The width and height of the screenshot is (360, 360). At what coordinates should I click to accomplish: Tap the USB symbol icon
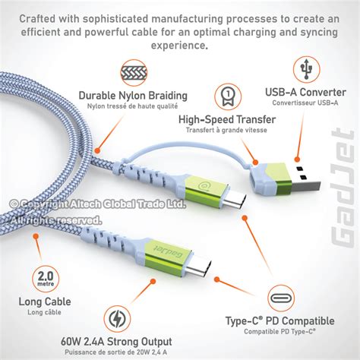tap(306, 69)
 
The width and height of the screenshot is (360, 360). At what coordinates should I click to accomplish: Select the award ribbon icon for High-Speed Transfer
tap(227, 96)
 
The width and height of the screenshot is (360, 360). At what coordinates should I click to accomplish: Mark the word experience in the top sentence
tap(179, 45)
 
